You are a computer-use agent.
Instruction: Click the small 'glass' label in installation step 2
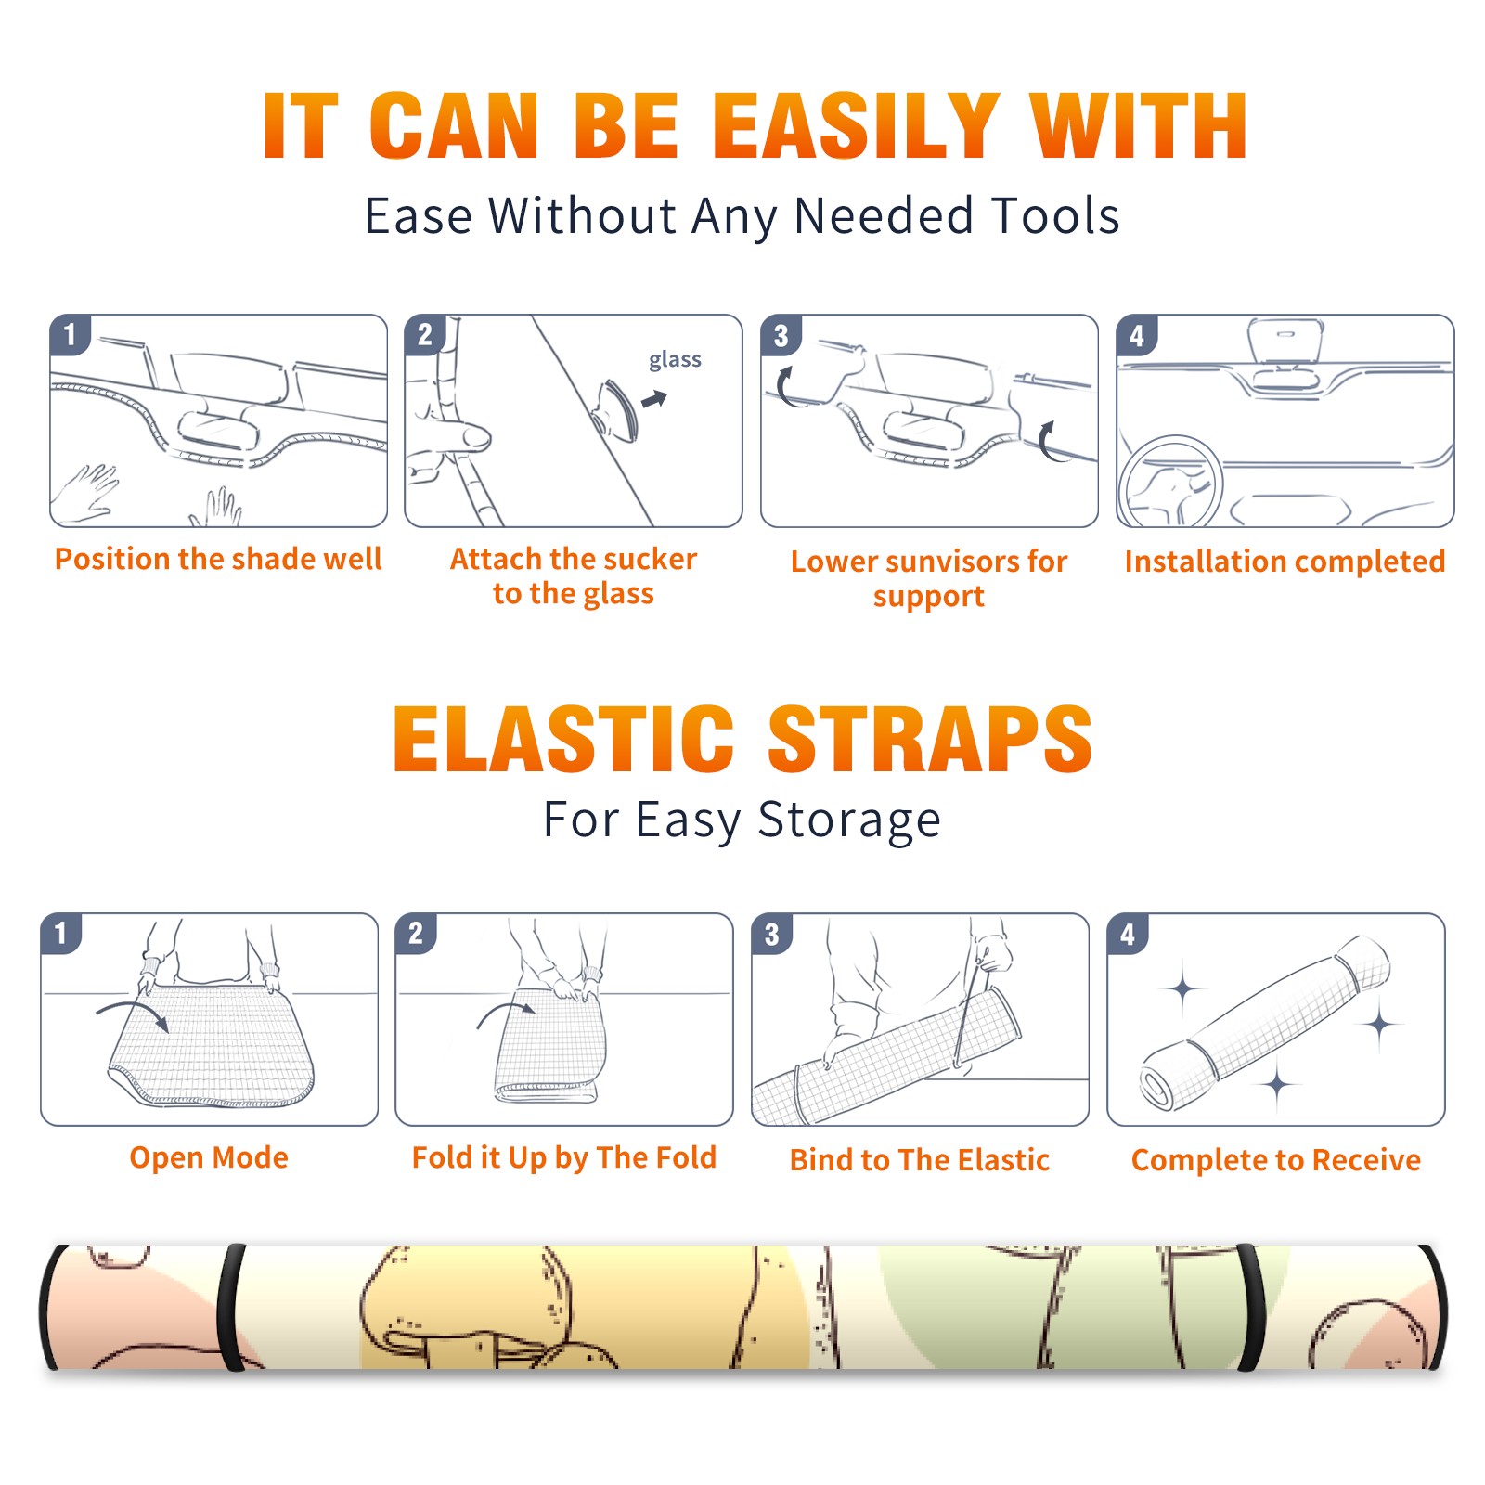(x=675, y=359)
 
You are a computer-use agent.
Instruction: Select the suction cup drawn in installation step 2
(x=616, y=409)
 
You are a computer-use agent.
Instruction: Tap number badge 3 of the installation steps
(x=781, y=335)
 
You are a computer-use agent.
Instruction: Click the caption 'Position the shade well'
(x=218, y=559)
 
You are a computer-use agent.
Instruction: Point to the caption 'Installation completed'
(x=1285, y=561)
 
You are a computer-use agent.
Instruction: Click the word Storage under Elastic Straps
(x=849, y=820)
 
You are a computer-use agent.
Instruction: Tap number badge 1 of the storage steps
(x=61, y=933)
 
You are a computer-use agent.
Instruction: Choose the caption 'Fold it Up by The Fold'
(x=564, y=1157)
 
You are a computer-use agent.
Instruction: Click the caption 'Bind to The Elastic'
(x=920, y=1159)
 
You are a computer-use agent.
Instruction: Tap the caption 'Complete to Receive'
(x=1276, y=1159)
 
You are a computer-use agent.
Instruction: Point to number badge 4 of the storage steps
(x=1128, y=934)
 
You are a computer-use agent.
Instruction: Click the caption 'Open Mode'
(x=209, y=1157)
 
